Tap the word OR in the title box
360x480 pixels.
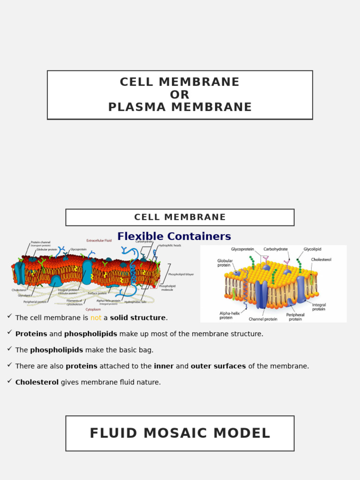[180, 95]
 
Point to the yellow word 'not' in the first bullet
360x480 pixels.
[96, 318]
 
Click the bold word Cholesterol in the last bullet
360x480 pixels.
[37, 382]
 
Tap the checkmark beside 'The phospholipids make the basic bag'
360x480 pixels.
[9, 349]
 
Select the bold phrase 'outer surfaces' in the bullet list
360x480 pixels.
[218, 366]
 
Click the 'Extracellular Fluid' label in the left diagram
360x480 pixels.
[99, 240]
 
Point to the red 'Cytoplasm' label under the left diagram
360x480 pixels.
[93, 309]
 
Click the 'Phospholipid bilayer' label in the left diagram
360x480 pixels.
[181, 274]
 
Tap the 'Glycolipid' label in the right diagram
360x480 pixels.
[312, 249]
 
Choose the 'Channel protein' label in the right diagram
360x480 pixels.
[262, 319]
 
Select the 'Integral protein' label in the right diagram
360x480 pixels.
[319, 307]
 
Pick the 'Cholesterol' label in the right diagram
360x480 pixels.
[321, 259]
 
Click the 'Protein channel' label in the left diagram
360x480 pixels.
[41, 242]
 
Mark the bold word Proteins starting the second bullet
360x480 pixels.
[31, 334]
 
